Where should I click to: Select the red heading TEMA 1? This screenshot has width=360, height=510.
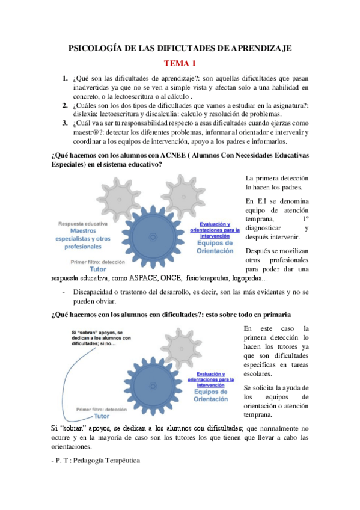[x=180, y=63]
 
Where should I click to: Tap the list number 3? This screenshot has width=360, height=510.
[x=65, y=123]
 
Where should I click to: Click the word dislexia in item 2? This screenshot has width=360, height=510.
[x=85, y=114]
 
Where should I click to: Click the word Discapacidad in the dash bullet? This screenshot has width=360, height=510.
[x=96, y=292]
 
